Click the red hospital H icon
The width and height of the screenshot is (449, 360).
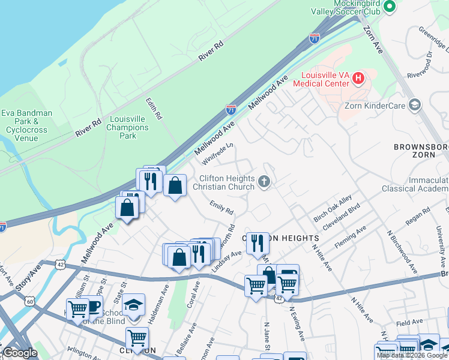[x=358, y=77]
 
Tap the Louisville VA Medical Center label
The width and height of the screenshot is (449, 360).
[x=321, y=79]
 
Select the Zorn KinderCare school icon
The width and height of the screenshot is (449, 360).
[x=414, y=106]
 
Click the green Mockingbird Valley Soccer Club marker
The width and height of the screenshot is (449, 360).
[x=389, y=7]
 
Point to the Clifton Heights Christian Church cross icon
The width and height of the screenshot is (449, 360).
[x=264, y=181]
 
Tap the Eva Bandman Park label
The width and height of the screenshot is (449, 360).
[x=26, y=125]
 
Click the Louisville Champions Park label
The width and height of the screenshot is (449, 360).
[x=127, y=127]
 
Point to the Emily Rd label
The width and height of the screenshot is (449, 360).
[x=221, y=208]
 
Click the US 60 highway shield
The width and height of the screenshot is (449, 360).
[x=30, y=301]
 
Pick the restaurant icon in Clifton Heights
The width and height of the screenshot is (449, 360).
[x=257, y=242]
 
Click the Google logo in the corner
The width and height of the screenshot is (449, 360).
[x=20, y=353]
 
